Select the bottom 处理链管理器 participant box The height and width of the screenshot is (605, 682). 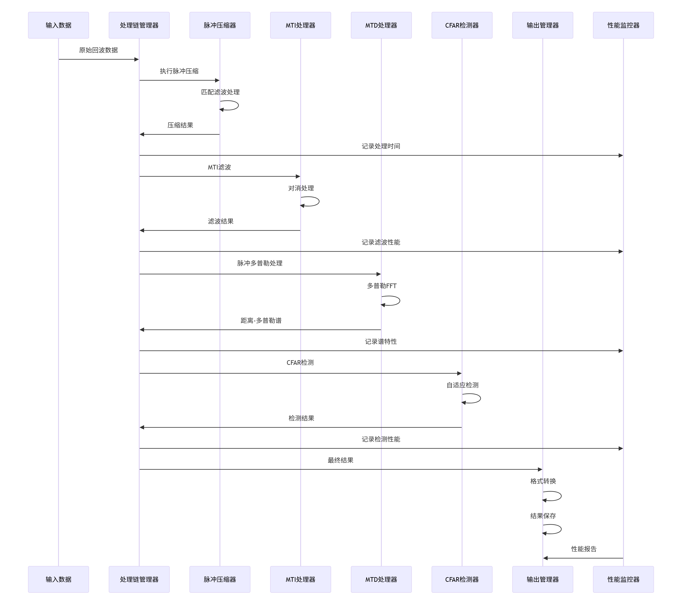(139, 579)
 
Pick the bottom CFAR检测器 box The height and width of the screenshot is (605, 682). (462, 579)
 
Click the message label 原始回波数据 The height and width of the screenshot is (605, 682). (98, 50)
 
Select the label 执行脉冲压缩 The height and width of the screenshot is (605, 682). (179, 71)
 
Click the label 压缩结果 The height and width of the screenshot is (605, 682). (180, 125)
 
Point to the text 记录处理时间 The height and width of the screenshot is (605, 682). (381, 146)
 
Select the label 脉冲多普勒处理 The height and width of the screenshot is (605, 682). (260, 263)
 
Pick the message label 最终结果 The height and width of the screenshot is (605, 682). (340, 460)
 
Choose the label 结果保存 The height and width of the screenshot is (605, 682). (543, 516)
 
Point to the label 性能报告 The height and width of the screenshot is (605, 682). (584, 549)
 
